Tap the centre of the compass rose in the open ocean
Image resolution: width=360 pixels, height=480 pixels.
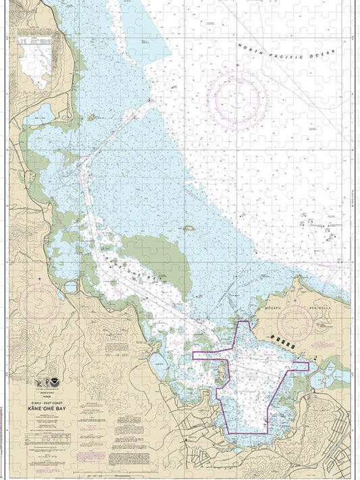(236, 101)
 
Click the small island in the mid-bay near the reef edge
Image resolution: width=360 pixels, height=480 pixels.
(190, 229)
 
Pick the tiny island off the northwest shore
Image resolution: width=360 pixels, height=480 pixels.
(91, 117)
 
